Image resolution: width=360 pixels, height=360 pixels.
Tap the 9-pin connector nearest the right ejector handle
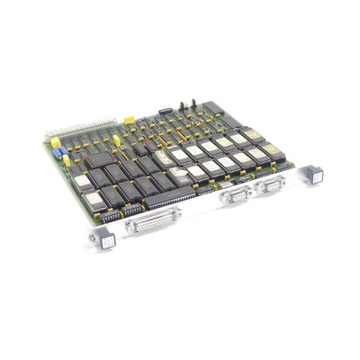click(x=269, y=186)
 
